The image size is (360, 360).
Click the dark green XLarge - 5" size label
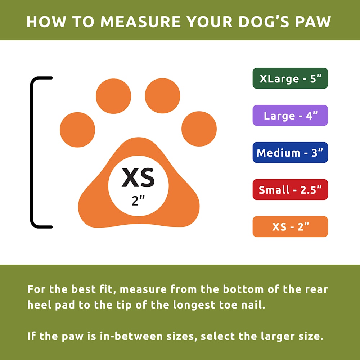click(290, 78)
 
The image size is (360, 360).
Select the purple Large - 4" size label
click(290, 115)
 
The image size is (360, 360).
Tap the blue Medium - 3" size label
click(290, 152)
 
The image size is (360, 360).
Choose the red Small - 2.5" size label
click(290, 189)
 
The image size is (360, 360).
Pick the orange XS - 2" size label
click(290, 226)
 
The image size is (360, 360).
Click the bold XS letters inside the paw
click(138, 177)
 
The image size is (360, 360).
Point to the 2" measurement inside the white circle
click(138, 201)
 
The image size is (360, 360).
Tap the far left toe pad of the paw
click(77, 130)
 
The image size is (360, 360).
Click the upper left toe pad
click(113, 96)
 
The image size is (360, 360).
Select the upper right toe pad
click(163, 96)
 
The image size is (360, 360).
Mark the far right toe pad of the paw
click(199, 129)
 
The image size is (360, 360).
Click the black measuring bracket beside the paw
click(32, 152)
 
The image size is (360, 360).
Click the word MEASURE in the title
click(140, 22)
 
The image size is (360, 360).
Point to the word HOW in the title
click(46, 22)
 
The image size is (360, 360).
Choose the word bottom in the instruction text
click(243, 289)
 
